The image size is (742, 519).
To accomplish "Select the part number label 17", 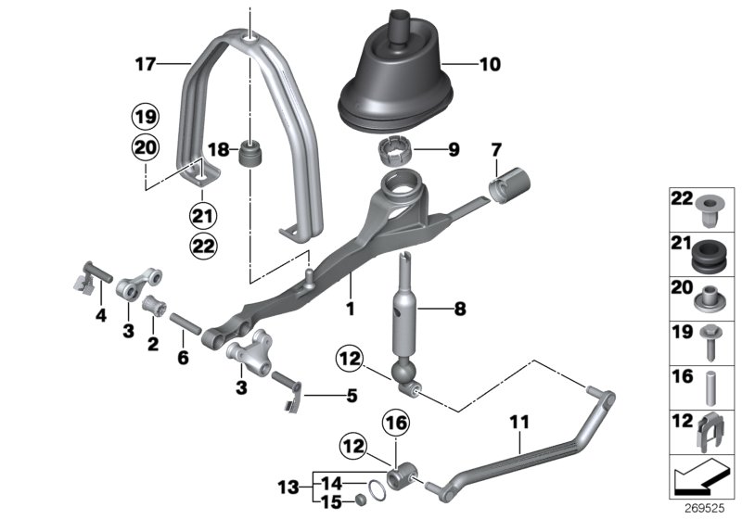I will pyautogui.click(x=144, y=65).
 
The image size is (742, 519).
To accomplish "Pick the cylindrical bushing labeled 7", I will pyautogui.click(x=507, y=182).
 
